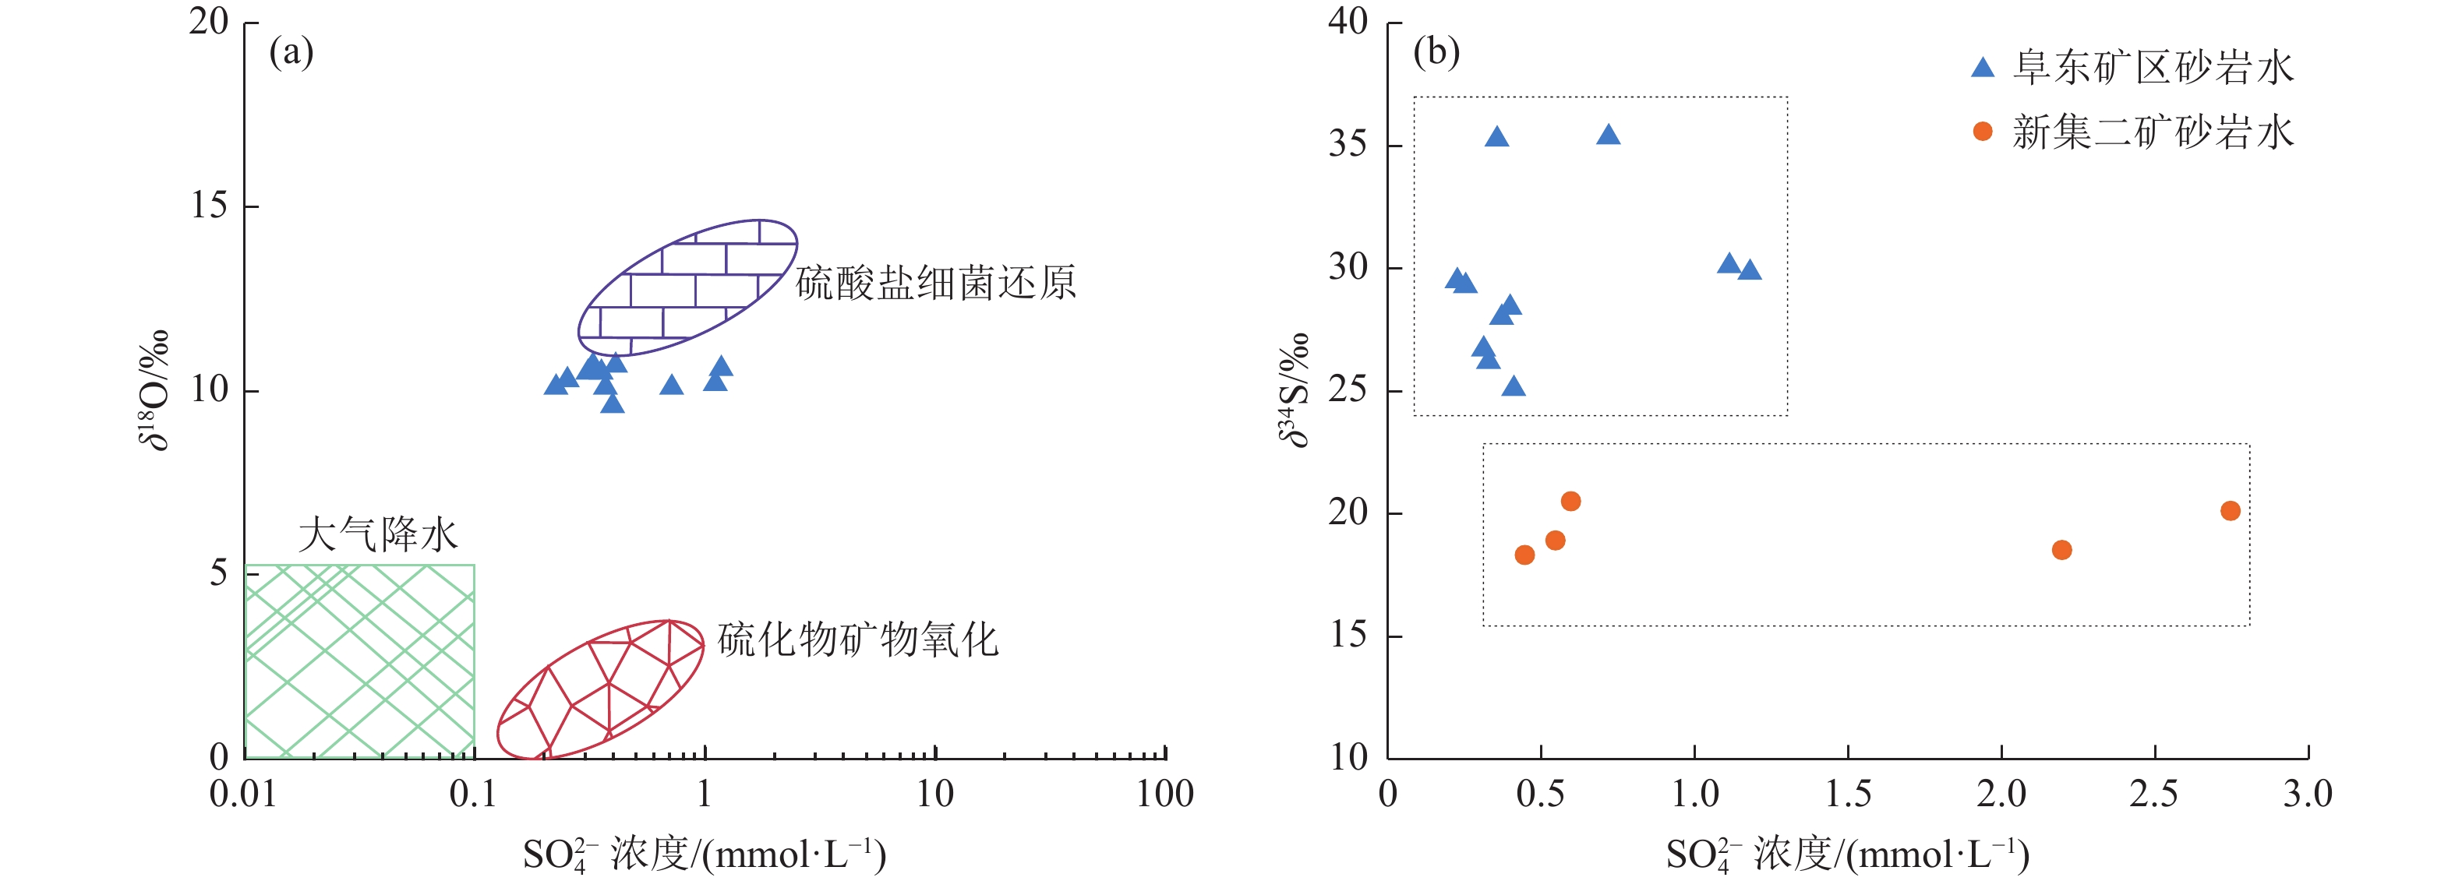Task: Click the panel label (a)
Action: tap(291, 51)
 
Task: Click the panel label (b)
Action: tap(1436, 51)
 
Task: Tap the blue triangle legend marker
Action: tap(1982, 68)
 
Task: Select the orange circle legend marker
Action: tap(1982, 132)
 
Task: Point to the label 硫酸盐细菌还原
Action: tap(936, 283)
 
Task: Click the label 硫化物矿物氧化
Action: tap(858, 640)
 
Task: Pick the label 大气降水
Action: tap(378, 534)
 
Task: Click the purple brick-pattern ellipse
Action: tap(687, 287)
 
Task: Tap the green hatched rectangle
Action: tap(359, 661)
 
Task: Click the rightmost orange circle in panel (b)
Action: tap(2230, 511)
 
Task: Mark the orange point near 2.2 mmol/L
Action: tap(2061, 550)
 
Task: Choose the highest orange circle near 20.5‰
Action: tap(1570, 501)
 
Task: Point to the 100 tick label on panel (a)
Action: tap(1164, 794)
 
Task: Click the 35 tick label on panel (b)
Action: tap(1348, 144)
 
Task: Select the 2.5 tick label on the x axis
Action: tap(2154, 794)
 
